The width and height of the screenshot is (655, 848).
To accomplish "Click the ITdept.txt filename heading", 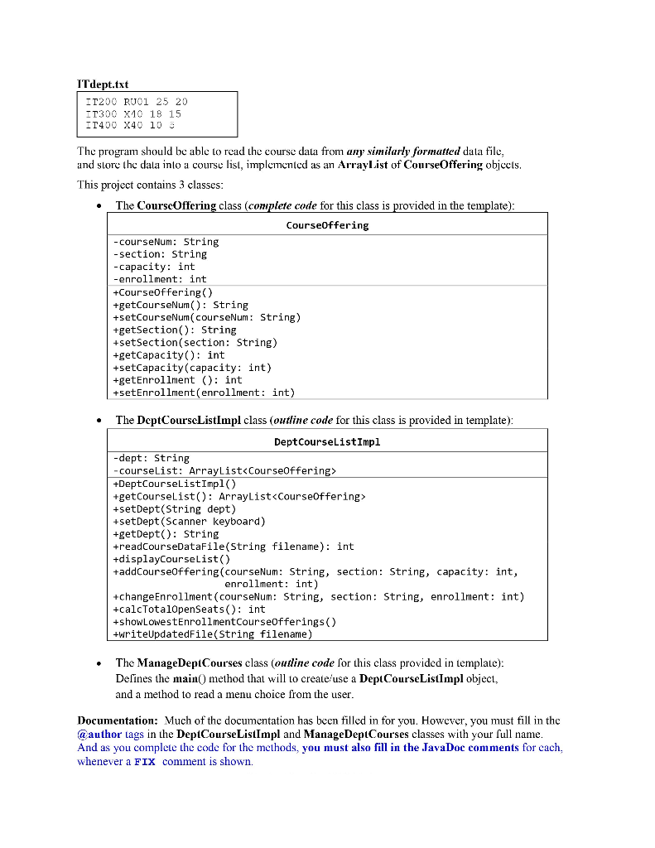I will pos(103,84).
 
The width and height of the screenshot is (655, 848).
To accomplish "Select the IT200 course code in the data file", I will pos(100,101).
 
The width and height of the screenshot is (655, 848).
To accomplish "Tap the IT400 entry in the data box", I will pos(100,126).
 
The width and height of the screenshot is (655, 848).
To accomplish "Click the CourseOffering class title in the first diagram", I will pos(327,224).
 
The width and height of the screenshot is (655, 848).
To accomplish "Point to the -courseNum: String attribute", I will pos(166,242).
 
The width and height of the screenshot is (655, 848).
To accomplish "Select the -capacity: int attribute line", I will pos(153,267).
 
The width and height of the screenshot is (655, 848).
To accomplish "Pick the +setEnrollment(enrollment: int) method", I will pos(203,393).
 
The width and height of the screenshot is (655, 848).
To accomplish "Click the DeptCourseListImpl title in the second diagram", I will pos(327,441).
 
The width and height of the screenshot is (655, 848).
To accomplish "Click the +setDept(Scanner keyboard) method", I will pos(189,522).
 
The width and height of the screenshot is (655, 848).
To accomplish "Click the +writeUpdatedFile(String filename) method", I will pos(212,634).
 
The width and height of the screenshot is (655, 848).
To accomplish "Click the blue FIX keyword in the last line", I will pos(144,762).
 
